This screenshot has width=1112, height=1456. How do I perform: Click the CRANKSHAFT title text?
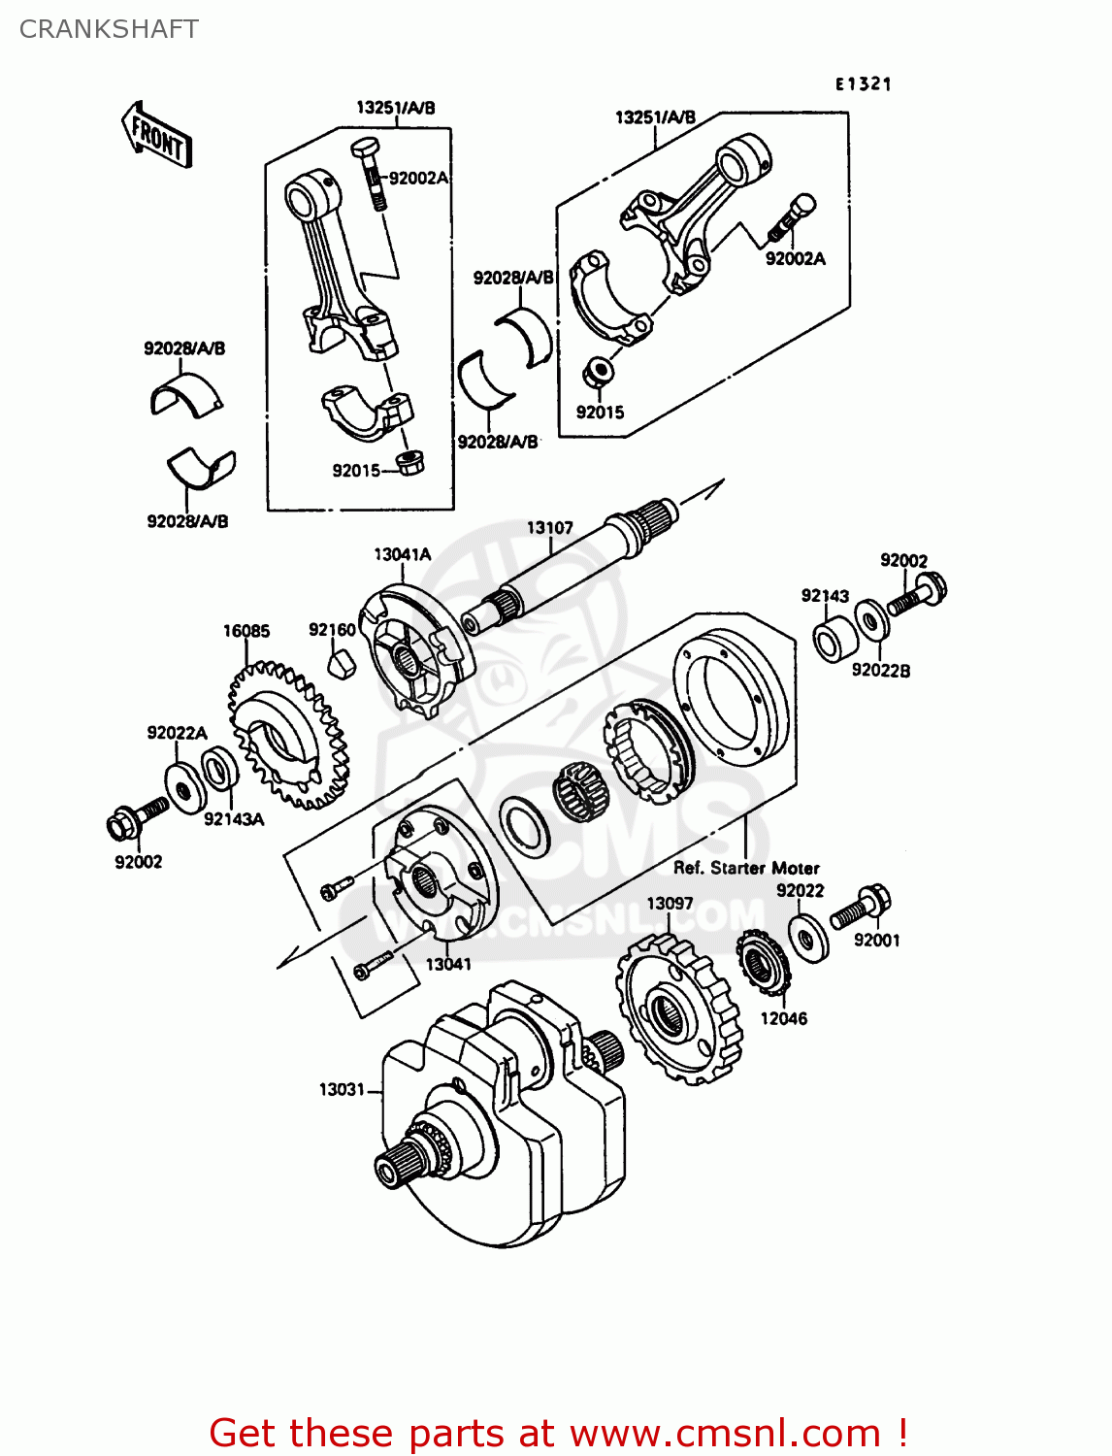(109, 29)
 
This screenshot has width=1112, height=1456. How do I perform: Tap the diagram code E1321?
(863, 84)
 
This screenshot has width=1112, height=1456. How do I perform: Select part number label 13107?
(549, 528)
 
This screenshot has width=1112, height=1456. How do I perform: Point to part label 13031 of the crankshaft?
(342, 1089)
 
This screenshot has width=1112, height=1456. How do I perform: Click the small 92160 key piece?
(339, 666)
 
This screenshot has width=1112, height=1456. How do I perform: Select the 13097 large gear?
(679, 1009)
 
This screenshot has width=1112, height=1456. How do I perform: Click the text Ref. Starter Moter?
(746, 868)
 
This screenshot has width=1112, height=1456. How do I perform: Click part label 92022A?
(177, 733)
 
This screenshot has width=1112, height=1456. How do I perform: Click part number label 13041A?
(402, 554)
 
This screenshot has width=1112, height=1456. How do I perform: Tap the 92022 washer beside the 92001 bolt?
(808, 936)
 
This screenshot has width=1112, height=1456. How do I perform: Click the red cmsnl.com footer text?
(558, 1433)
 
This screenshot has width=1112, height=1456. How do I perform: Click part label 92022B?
(880, 670)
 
